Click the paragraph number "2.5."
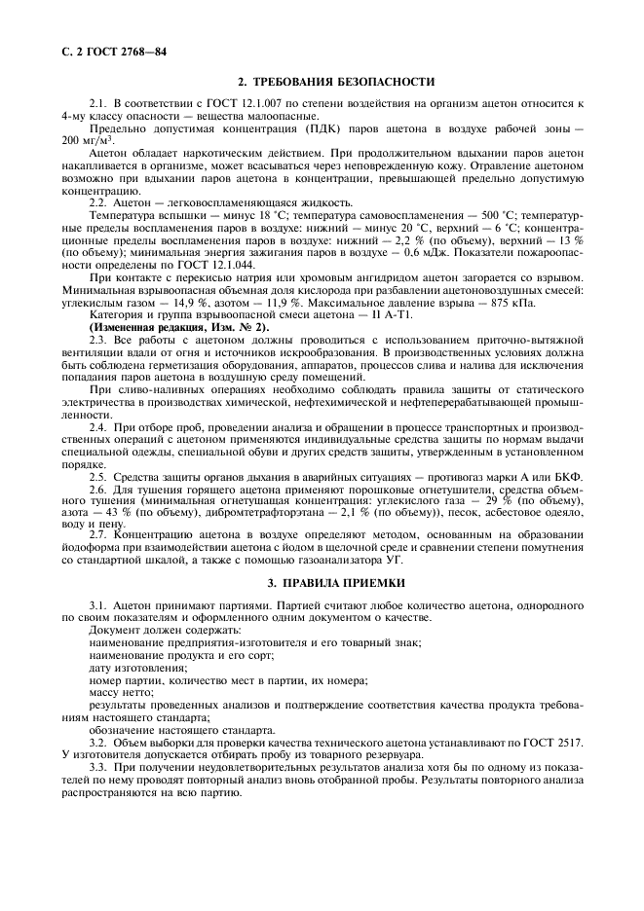pos(99,477)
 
